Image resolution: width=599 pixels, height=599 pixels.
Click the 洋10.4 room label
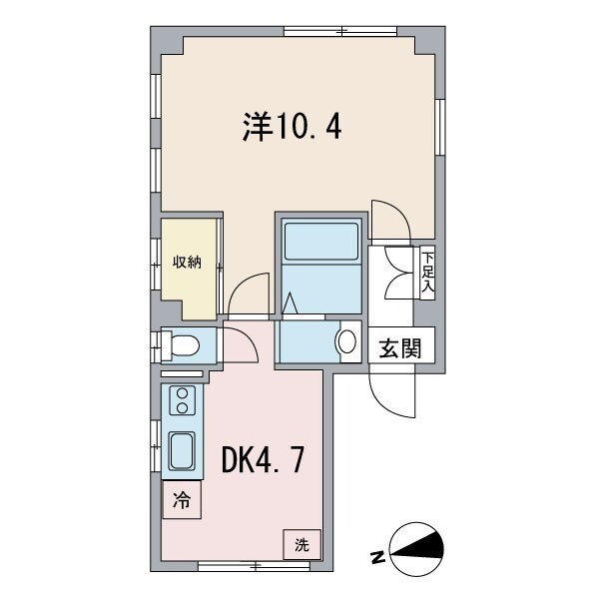coord(291,127)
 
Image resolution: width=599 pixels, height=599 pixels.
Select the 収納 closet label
coord(188,263)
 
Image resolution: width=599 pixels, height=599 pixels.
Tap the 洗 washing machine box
coord(301,545)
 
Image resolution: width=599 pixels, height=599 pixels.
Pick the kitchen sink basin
coord(183,453)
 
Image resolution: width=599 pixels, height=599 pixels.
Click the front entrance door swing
coord(392,392)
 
